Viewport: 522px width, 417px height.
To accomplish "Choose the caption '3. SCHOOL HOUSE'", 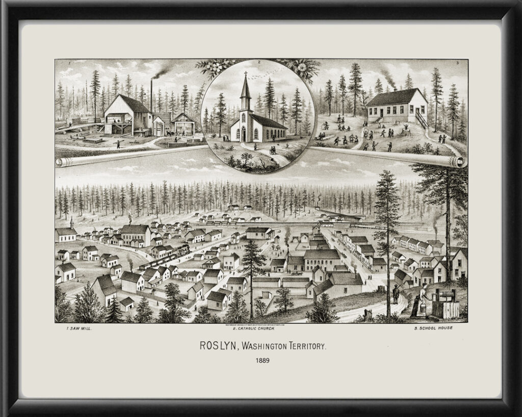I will (433, 328).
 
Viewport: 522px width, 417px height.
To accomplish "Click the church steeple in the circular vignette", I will (246, 87).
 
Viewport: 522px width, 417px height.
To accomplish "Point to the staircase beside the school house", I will (422, 121).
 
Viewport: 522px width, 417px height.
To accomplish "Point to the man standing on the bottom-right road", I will (396, 295).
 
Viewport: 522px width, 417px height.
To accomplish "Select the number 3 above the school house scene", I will (457, 63).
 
